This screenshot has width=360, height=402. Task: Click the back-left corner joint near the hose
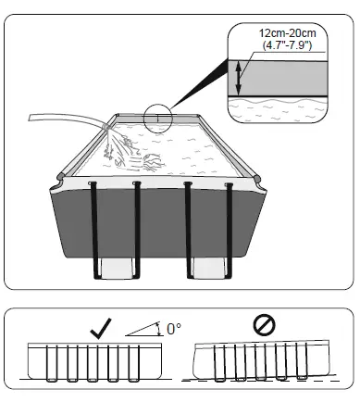pyautogui.click(x=112, y=118)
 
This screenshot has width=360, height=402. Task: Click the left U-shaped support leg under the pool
pyautogui.click(x=118, y=269)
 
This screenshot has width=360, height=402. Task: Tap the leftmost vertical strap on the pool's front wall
pyautogui.click(x=94, y=222)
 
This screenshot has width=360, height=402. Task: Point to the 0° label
pyautogui.click(x=173, y=328)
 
